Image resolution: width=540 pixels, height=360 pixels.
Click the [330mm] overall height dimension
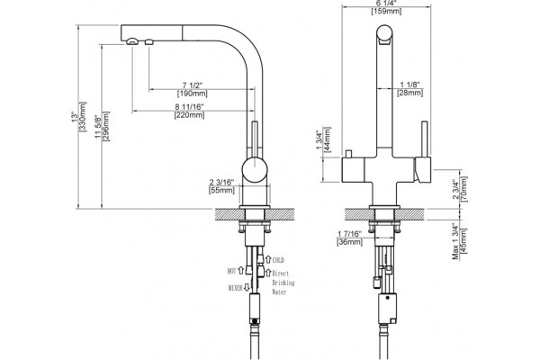pos(83,116)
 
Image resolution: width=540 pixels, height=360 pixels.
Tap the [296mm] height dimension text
pos(106,126)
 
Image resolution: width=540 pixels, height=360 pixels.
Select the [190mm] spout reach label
pos(193,94)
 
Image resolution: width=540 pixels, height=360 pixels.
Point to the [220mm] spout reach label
pos(189,115)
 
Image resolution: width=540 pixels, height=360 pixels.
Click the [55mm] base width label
pos(221,190)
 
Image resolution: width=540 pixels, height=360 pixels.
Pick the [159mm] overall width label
pos(386,12)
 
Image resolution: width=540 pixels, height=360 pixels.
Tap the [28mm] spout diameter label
pos(409,93)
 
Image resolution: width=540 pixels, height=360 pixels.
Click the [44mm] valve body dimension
pos(328,139)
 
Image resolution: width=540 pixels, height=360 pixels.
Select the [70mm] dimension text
pos(463,189)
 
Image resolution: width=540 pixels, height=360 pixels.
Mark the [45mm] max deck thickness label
pos(463,241)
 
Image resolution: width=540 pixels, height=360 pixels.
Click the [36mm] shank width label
pos(349,242)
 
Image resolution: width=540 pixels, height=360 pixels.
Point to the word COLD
pos(278,260)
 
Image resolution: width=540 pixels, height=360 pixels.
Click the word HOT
pos(231,272)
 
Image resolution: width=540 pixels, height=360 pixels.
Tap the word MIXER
pos(235,288)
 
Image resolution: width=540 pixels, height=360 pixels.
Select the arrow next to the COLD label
pos(268,258)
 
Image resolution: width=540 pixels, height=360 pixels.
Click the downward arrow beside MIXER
pos(247,287)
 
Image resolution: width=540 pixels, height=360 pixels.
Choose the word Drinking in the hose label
pos(283,283)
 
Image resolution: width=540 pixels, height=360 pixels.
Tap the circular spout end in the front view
pos(384,33)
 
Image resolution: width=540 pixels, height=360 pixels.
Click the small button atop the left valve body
pos(349,154)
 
